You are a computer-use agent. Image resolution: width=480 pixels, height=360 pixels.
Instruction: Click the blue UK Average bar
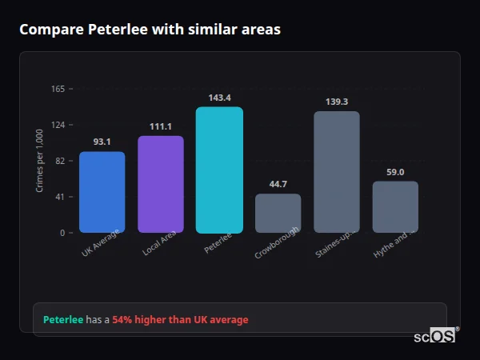(102, 192)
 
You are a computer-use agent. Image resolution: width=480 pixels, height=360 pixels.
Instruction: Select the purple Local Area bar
(160, 184)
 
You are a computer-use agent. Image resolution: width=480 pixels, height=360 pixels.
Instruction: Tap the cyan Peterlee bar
(219, 170)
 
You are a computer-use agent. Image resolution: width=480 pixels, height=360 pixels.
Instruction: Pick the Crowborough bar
(278, 213)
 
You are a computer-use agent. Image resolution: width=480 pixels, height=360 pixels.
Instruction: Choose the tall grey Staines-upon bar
(337, 172)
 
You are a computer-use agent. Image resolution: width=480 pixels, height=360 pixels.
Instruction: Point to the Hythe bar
(395, 206)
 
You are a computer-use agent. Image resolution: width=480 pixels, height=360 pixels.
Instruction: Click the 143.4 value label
(219, 98)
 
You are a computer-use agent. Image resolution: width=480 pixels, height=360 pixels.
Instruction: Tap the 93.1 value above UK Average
(102, 142)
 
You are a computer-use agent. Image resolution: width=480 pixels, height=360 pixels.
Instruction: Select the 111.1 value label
(160, 126)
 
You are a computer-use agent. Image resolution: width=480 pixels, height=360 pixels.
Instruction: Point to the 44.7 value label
(278, 184)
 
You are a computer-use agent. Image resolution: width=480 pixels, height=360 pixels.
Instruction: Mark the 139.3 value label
(337, 102)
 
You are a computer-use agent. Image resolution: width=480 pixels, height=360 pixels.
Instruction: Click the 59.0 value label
(395, 172)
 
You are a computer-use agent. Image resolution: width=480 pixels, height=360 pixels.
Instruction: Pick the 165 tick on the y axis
(58, 89)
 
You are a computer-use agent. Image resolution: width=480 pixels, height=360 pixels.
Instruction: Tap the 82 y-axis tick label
(60, 161)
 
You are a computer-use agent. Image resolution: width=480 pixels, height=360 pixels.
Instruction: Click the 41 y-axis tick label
(60, 197)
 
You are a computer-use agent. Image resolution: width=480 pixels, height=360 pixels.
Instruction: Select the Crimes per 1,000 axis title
(39, 160)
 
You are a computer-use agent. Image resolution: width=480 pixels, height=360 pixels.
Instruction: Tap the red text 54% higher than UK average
(180, 320)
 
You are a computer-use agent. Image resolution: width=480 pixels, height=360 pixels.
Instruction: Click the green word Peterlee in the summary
(63, 320)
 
